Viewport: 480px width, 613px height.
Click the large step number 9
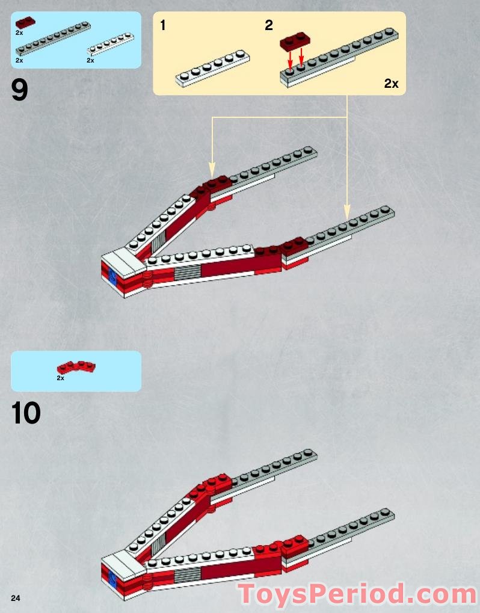click(20, 90)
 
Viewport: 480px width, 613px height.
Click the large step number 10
click(26, 413)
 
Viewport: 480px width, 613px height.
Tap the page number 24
click(15, 597)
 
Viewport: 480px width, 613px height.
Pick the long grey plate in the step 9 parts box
click(53, 38)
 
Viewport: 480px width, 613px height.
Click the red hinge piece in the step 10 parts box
click(76, 366)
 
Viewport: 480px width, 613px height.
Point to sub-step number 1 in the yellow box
click(163, 25)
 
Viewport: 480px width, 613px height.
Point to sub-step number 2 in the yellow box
click(268, 25)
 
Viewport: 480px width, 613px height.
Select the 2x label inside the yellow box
click(391, 84)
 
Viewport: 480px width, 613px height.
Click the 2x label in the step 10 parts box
click(60, 378)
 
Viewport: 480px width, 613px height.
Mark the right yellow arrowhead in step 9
click(347, 212)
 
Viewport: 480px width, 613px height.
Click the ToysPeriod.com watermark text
click(357, 594)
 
